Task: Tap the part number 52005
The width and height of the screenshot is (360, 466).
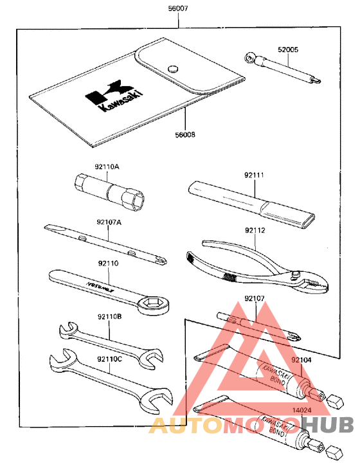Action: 288,49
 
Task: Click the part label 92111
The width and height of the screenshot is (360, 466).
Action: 255,174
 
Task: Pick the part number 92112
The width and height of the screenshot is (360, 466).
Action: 255,228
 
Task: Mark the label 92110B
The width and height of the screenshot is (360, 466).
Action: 110,316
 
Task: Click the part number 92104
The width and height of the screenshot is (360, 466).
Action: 301,361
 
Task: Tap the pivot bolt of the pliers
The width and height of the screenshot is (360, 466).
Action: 295,277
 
